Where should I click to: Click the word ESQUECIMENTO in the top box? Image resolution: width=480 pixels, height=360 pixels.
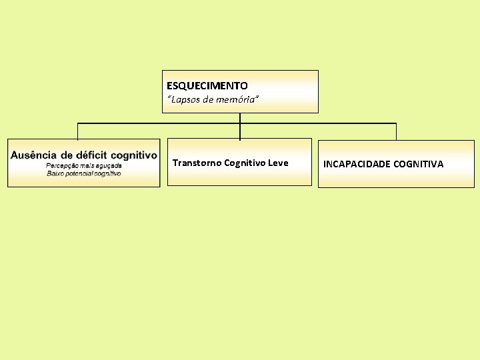(x=207, y=86)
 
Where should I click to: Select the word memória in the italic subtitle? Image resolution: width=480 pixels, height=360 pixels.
(x=237, y=99)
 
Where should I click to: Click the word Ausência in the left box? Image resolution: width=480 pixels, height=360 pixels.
(x=33, y=155)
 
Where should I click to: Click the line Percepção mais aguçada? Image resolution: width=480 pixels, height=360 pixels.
(x=83, y=165)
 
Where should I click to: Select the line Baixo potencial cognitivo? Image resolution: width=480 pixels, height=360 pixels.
(x=83, y=173)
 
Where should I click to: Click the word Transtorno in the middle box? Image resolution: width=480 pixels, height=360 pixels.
(x=197, y=163)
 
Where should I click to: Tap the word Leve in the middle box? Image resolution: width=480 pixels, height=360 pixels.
(x=279, y=163)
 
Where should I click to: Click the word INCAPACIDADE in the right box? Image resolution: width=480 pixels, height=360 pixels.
(x=357, y=164)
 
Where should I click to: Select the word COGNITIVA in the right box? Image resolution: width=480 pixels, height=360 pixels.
(x=419, y=164)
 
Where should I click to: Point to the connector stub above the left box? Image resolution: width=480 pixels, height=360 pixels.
(x=78, y=131)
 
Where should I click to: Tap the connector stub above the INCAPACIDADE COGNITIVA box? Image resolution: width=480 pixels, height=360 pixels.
(x=396, y=131)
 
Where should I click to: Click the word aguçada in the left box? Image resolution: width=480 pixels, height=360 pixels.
(x=107, y=165)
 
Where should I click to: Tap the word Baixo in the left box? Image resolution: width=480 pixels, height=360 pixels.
(x=55, y=173)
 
